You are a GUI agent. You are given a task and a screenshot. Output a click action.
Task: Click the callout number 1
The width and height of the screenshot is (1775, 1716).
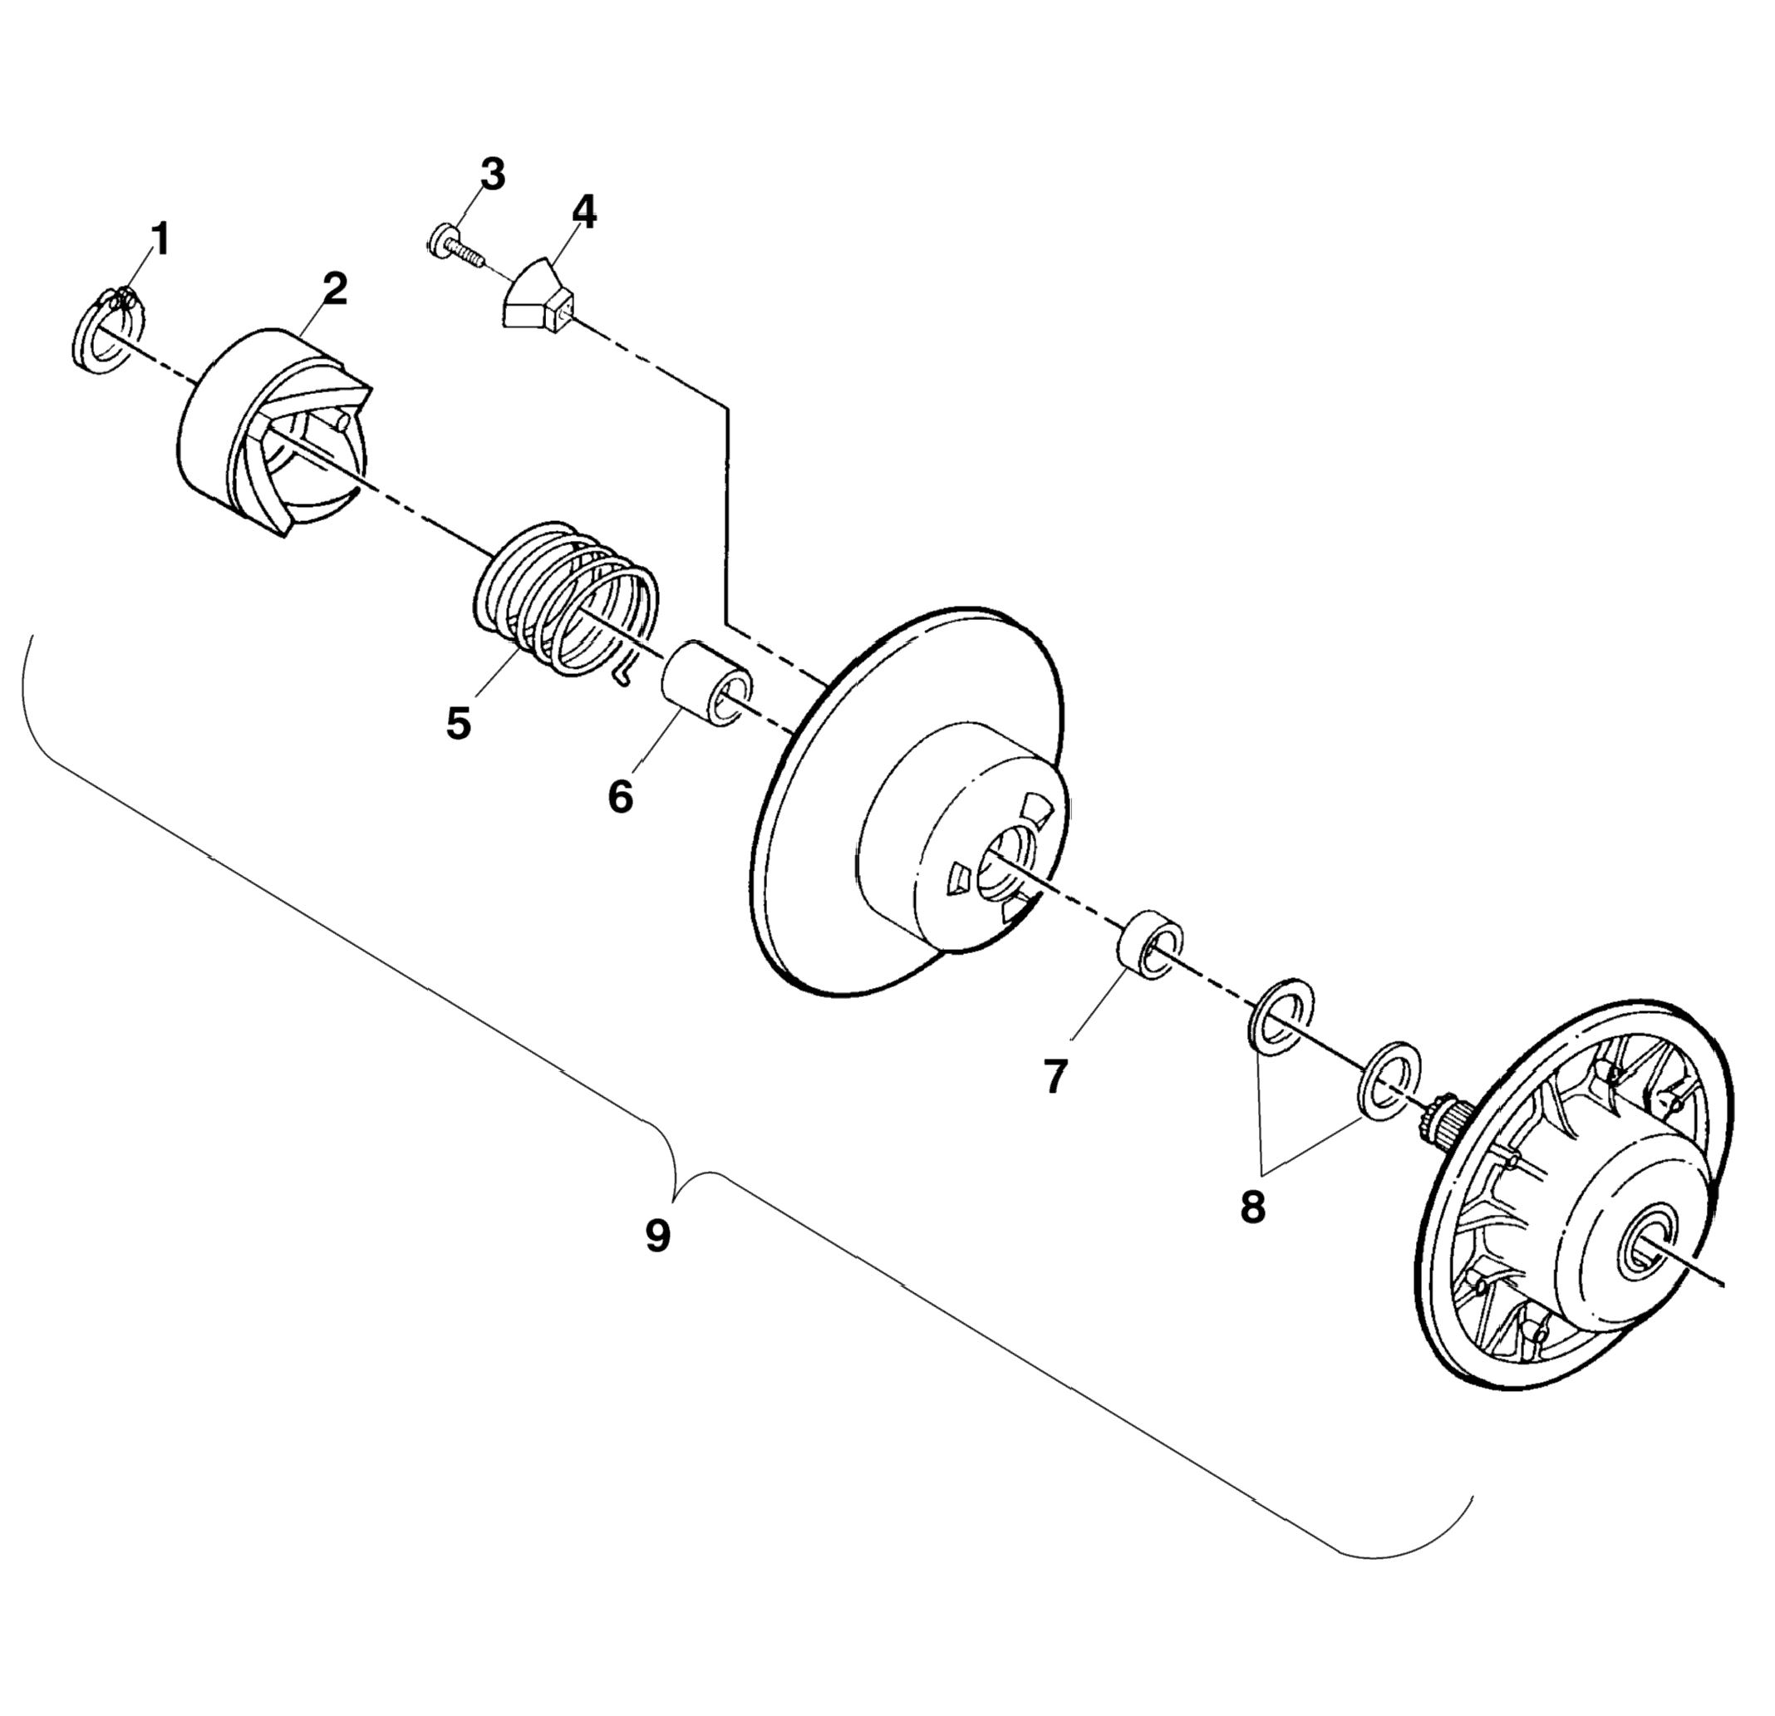[160, 240]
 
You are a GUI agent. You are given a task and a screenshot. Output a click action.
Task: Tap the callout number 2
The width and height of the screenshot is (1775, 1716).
[334, 290]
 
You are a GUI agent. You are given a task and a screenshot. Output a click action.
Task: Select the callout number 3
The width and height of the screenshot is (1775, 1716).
[492, 175]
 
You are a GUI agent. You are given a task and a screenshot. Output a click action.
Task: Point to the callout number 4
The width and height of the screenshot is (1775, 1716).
[583, 213]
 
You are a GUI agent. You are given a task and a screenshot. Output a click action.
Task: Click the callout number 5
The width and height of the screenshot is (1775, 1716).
[458, 724]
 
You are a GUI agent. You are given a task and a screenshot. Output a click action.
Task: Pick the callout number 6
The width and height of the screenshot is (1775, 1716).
[621, 798]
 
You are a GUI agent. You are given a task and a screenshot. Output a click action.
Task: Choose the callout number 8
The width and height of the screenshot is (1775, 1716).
[1252, 1207]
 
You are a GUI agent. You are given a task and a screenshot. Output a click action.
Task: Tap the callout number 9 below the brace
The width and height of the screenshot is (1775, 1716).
[658, 1236]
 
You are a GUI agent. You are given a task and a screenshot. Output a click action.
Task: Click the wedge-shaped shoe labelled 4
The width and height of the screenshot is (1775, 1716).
[538, 294]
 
